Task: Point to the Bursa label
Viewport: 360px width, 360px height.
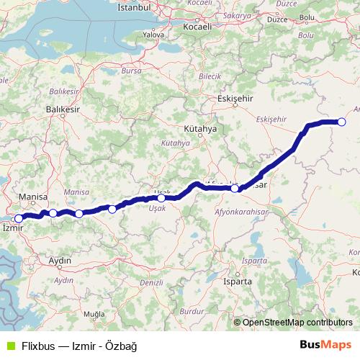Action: [131, 71]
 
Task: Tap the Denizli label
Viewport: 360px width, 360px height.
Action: [152, 283]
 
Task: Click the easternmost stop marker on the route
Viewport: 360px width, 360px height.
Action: [341, 122]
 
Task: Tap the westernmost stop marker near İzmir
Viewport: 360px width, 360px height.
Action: [19, 218]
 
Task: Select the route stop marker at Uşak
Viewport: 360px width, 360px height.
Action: [161, 198]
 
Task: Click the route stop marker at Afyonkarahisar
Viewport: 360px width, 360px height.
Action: [235, 189]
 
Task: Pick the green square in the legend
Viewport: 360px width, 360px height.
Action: [9, 346]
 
